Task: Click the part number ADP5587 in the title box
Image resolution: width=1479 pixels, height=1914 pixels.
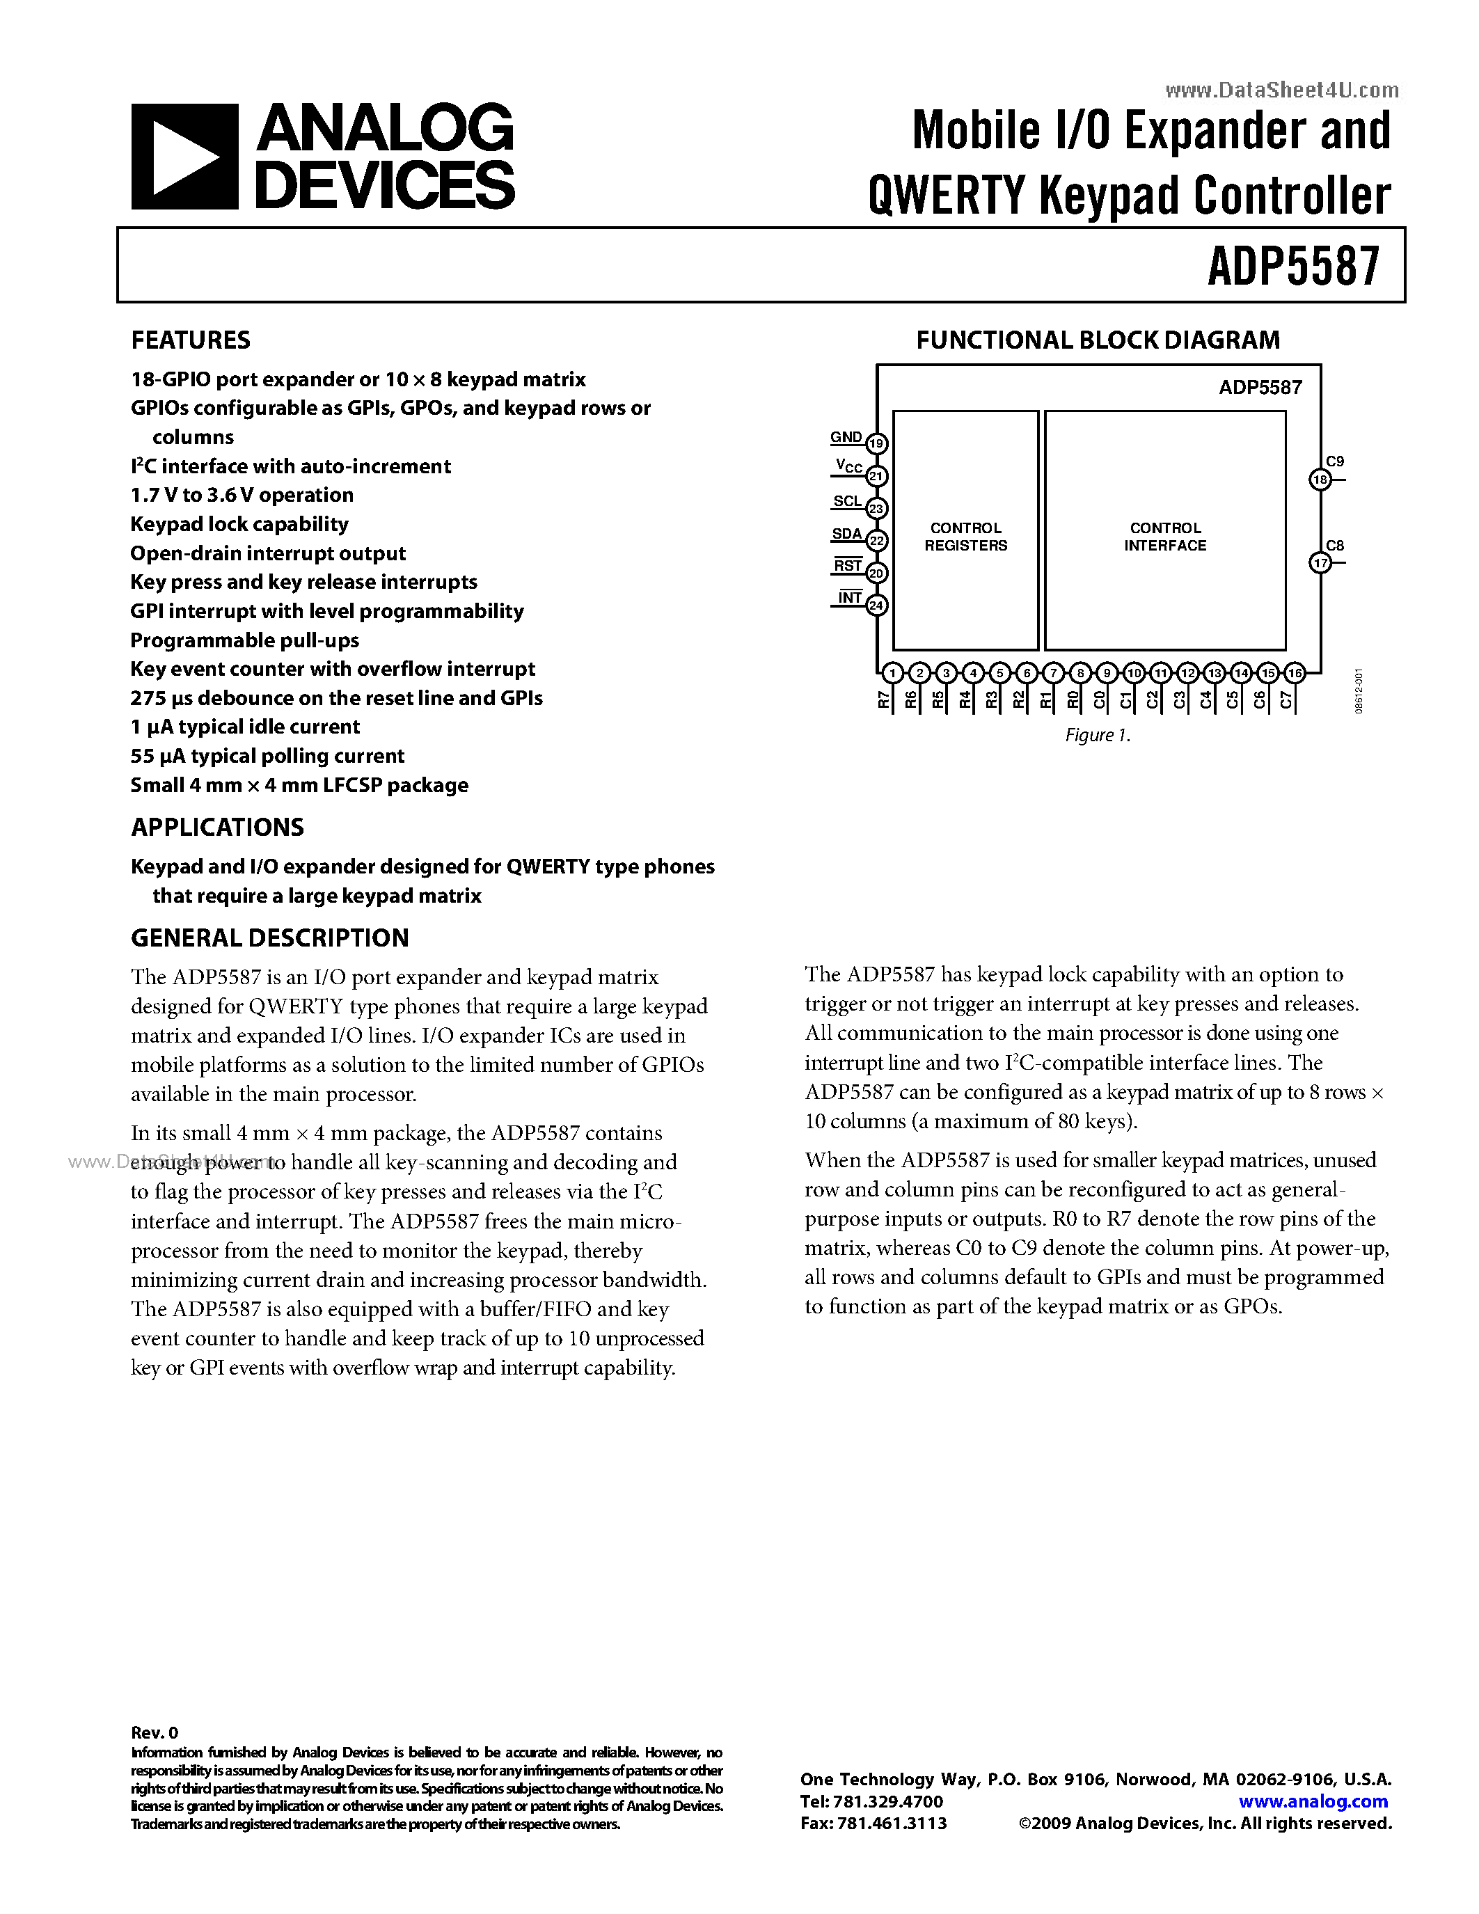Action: [x=1293, y=266]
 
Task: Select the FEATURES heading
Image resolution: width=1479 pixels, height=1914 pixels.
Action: [x=190, y=340]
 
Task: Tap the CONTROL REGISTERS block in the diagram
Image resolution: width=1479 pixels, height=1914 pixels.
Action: [x=965, y=537]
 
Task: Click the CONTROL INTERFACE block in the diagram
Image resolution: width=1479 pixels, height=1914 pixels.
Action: [x=1164, y=537]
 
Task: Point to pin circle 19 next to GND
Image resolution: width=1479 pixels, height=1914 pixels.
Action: [x=877, y=443]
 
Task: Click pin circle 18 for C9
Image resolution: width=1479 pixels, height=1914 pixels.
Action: [x=1320, y=480]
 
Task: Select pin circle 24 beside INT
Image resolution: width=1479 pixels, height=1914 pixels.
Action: [x=877, y=606]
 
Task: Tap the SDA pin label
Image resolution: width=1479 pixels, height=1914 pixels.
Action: [x=846, y=534]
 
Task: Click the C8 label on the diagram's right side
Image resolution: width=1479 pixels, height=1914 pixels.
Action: [x=1334, y=545]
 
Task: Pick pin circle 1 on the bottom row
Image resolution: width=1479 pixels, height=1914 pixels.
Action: [x=892, y=673]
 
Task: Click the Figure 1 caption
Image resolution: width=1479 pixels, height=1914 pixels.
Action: [x=1097, y=735]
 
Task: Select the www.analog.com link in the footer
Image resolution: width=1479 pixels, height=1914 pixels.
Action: [x=1313, y=1802]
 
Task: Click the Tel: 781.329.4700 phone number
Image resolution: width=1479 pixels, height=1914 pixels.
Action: [x=872, y=1802]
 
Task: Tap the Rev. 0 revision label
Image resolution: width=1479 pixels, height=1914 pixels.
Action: [x=155, y=1732]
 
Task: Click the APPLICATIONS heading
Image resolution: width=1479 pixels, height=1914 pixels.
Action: [x=217, y=828]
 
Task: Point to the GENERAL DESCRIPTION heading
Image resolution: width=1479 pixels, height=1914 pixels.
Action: [x=270, y=938]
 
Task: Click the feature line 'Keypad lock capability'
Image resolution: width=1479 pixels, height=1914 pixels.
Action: [x=239, y=524]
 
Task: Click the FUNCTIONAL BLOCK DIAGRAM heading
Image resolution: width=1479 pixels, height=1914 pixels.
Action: [x=1098, y=340]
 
